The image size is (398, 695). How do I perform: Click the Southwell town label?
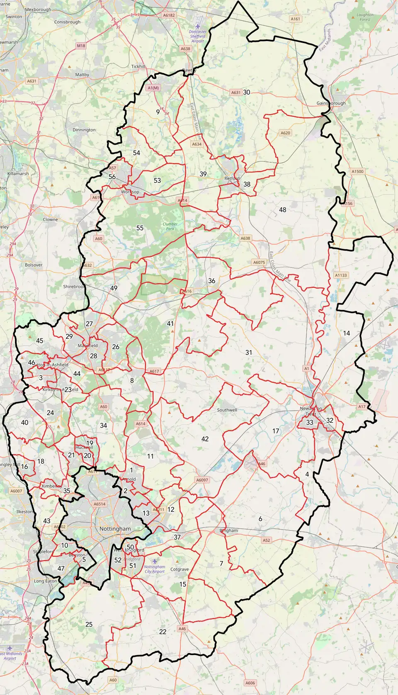(227, 410)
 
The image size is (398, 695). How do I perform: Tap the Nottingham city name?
(115, 529)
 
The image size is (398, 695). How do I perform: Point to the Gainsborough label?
(331, 103)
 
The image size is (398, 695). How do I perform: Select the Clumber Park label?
(170, 226)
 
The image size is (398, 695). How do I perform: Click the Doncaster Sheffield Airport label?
(197, 36)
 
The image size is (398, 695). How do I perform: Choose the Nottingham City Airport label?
(155, 569)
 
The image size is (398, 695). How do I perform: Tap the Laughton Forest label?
(365, 17)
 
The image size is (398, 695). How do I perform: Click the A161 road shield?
(295, 19)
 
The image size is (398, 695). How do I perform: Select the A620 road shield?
(285, 133)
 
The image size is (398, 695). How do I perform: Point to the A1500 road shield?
(357, 171)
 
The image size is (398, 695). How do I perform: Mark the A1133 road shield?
(341, 275)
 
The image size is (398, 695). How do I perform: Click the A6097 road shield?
(202, 480)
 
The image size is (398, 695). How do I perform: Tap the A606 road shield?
(250, 683)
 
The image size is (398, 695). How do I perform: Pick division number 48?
(282, 210)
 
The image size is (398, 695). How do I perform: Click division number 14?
(346, 333)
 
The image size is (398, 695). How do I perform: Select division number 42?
(205, 439)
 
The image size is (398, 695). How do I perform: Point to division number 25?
(89, 624)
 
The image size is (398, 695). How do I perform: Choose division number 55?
(140, 228)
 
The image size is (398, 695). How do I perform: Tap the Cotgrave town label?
(180, 569)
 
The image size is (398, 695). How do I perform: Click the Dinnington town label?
(84, 130)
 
